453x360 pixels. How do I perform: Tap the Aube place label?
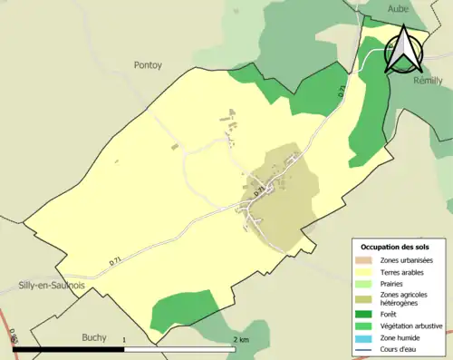pos(399,8)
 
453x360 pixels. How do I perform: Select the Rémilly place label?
pos(428,81)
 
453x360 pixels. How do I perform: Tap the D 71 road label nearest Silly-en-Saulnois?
pos(116,260)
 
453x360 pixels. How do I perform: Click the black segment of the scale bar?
pos(68,349)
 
